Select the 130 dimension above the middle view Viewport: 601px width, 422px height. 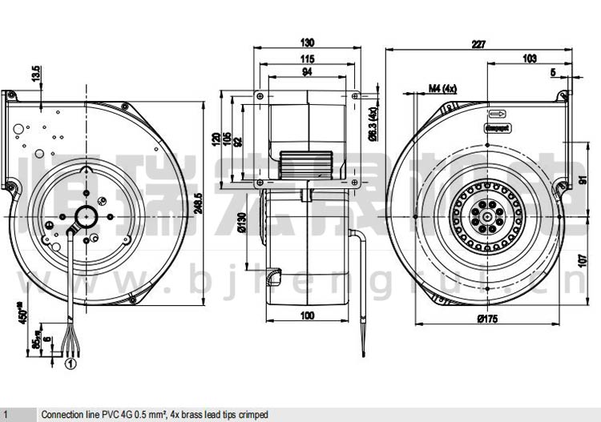(308, 42)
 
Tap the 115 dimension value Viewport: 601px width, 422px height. (306, 59)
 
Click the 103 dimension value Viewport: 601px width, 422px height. (529, 59)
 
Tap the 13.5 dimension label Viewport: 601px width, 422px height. (35, 74)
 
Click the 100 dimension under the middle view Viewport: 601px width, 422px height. (306, 317)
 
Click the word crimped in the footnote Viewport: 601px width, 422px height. (250, 414)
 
